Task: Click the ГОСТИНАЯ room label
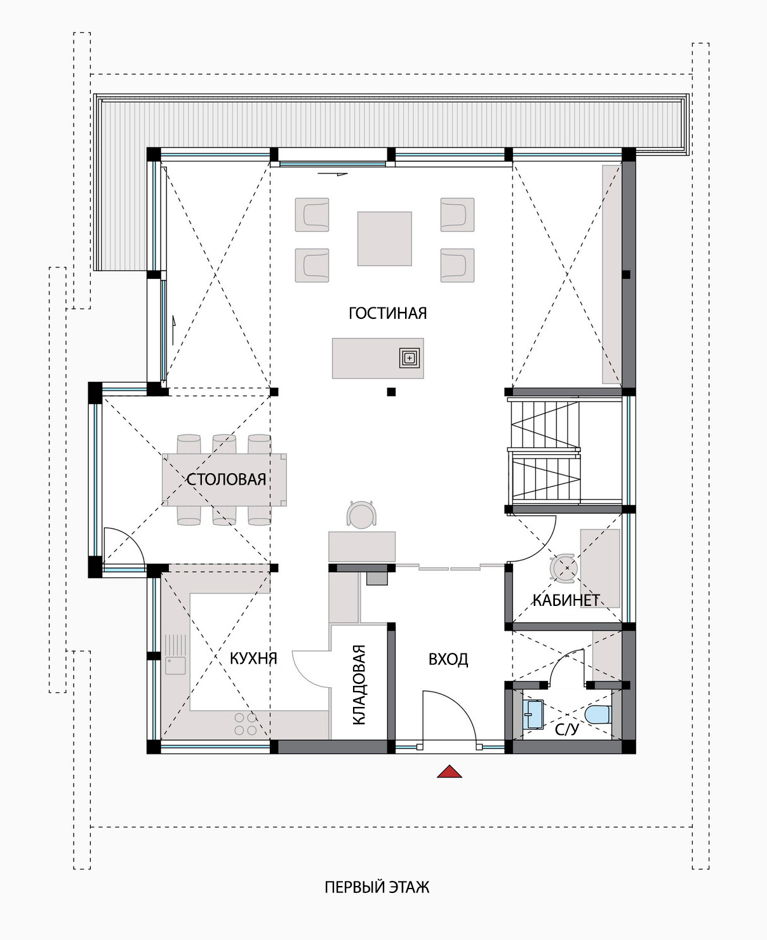[387, 313]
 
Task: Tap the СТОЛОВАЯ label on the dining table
[226, 480]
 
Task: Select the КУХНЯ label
[253, 658]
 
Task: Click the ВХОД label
[448, 659]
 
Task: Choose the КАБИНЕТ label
[566, 600]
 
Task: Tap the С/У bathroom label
[567, 729]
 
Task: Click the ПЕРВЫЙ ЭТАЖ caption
[377, 887]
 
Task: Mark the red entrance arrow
[450, 771]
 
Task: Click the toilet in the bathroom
[597, 715]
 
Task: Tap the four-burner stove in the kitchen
[246, 724]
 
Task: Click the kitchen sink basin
[175, 666]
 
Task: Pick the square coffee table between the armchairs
[385, 239]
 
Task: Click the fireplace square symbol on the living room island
[409, 358]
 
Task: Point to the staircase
[546, 451]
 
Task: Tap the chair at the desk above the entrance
[361, 514]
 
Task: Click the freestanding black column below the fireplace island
[391, 392]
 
